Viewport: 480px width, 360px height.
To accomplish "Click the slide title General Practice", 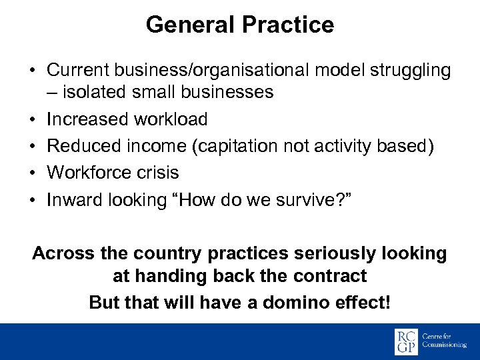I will [x=239, y=25].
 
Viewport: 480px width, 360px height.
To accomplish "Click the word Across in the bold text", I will [x=62, y=253].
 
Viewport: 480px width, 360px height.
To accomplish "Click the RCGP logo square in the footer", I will [x=406, y=341].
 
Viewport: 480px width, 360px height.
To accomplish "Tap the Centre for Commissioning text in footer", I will [x=445, y=341].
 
